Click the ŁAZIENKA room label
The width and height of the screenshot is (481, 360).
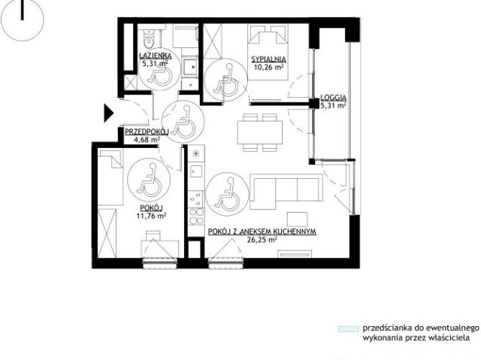[x=155, y=56]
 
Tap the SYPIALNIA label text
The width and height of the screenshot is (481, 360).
[x=268, y=59]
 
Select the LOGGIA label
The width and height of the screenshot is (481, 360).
[x=334, y=98]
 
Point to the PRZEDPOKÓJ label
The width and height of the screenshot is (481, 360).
[x=147, y=132]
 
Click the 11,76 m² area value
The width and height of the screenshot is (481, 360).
[x=151, y=216]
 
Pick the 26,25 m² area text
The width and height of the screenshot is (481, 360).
[x=262, y=240]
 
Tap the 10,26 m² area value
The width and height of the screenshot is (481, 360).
[x=268, y=67]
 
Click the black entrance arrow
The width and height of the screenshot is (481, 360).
[x=108, y=113]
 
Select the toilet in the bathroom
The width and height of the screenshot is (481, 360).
[x=150, y=38]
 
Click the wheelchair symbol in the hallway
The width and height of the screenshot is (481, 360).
[x=183, y=122]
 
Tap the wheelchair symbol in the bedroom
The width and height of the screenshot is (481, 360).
[x=225, y=80]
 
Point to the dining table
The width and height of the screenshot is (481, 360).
[x=260, y=132]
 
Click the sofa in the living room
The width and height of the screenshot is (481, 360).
[x=286, y=192]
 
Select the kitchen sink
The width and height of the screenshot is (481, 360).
[x=196, y=171]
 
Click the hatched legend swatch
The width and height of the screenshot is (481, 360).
[x=348, y=329]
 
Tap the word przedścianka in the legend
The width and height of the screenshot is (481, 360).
[x=387, y=328]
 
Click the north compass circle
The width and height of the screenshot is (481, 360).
[x=23, y=20]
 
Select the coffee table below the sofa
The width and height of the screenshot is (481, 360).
[x=297, y=219]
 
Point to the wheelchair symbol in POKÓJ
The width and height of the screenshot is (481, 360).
[x=149, y=180]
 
